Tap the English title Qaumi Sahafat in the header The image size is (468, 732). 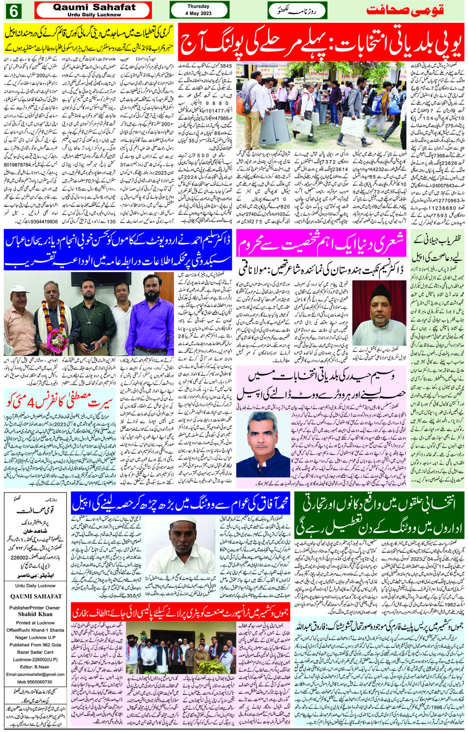point(94,7)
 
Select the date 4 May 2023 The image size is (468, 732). point(198,13)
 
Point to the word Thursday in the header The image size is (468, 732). point(198,6)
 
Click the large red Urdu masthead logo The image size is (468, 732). point(405,10)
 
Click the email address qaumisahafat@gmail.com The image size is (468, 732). point(35,674)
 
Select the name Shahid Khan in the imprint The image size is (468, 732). point(35,614)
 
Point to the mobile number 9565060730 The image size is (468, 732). point(35,682)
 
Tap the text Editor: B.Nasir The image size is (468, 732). point(35,667)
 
